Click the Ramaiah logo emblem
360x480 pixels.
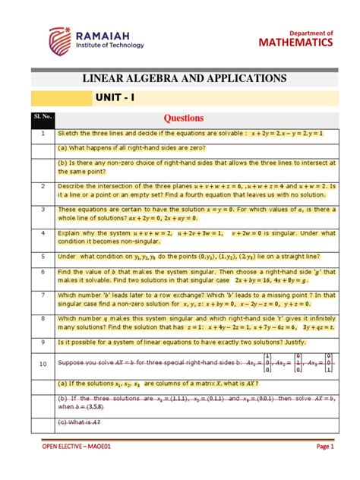[62, 40]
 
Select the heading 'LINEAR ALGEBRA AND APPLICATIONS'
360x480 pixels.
[179, 78]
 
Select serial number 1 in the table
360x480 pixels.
[44, 134]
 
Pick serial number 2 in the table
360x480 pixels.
[44, 185]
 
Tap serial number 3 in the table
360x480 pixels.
[44, 209]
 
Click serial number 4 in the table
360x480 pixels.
[44, 232]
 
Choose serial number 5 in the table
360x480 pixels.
[44, 256]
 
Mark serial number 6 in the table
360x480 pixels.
[44, 271]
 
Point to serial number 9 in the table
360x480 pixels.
[44, 342]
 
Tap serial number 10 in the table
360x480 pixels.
[44, 365]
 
